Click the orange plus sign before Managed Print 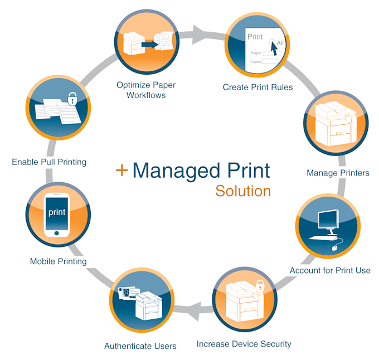122,170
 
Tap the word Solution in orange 243,191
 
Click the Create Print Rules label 257,87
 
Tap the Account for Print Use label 330,271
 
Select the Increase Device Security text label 244,344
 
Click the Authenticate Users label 140,346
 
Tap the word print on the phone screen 57,212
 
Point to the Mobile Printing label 59,261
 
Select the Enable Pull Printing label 49,162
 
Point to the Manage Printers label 338,173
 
